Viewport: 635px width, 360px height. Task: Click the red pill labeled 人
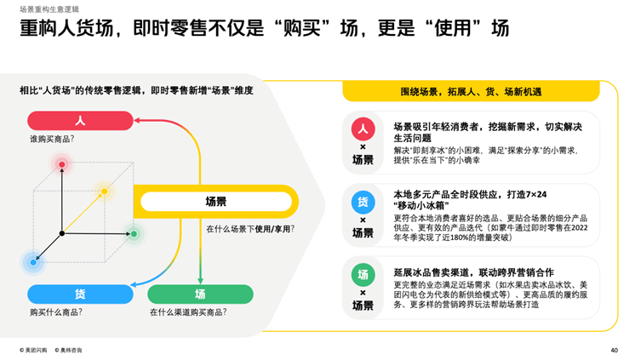pos(80,121)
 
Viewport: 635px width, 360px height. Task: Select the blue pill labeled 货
pos(80,294)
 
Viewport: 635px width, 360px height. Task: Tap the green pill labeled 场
pos(201,294)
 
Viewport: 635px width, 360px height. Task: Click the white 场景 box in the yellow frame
pos(216,201)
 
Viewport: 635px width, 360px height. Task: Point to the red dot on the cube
pos(61,164)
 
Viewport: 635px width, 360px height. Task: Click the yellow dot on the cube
pos(105,191)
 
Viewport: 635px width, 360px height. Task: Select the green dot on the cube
pos(134,234)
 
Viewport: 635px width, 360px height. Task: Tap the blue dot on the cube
pos(33,262)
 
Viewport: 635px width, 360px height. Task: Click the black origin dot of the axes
pos(62,233)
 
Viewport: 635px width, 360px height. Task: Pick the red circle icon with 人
pos(363,129)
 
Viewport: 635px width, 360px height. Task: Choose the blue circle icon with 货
pos(363,202)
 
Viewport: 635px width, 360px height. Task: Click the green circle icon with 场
pos(363,275)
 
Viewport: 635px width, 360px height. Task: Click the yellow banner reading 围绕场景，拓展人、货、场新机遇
pos(471,92)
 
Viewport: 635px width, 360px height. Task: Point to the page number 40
pos(615,351)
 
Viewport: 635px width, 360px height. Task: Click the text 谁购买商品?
pos(52,139)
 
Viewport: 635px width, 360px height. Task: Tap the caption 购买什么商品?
pos(56,312)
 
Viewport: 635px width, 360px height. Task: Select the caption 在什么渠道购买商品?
pos(188,312)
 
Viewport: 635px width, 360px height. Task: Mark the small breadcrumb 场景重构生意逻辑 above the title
pos(49,9)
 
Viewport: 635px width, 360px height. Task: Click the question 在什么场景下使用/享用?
pos(250,229)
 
